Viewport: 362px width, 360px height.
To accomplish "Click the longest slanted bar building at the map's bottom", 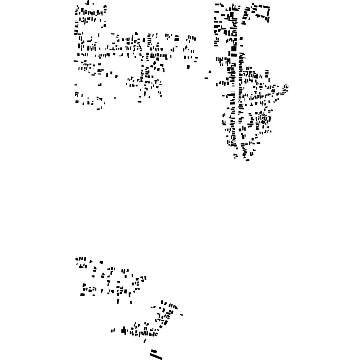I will coord(156,356).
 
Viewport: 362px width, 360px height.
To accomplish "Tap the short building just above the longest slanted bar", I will coord(154,351).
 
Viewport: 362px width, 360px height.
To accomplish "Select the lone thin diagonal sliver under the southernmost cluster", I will coord(145,341).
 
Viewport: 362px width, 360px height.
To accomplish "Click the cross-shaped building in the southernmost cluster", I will coord(124,331).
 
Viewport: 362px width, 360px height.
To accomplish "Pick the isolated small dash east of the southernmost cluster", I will coord(181,315).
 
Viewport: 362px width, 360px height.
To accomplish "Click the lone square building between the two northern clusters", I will coord(210,72).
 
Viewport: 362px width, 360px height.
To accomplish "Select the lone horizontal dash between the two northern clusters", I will coord(206,78).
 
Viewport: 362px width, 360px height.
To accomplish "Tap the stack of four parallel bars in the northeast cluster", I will coord(267,73).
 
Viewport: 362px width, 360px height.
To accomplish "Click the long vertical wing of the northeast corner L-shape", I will coord(268,13).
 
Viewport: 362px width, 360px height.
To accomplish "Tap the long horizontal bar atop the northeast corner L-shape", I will coord(264,6).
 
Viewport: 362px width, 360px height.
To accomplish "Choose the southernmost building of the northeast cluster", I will coord(247,160).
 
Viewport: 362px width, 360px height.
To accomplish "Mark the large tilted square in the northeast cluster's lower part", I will coord(263,122).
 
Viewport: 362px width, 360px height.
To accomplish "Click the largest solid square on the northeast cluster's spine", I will coord(234,49).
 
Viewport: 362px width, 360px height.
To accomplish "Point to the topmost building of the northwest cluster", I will coord(88,2).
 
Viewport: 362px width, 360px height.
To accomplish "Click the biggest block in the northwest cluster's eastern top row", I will coord(177,39).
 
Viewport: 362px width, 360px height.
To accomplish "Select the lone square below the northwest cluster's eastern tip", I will coord(188,67).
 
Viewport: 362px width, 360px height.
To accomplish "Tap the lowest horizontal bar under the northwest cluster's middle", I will coord(140,102).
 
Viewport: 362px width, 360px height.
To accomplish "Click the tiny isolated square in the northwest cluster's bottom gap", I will coord(115,98).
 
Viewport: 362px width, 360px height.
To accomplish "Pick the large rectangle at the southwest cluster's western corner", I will coord(83,295).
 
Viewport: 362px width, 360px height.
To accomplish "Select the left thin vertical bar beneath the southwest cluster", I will coord(118,301).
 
